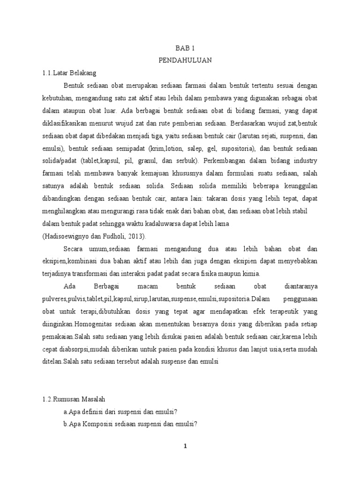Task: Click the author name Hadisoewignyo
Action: [66, 236]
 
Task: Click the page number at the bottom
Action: [186, 446]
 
